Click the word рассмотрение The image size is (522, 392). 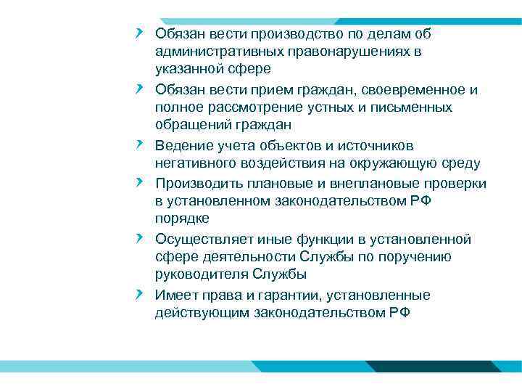(x=237, y=107)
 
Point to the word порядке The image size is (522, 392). (x=182, y=219)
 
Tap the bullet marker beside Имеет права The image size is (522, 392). (x=138, y=294)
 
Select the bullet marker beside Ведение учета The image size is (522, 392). (x=138, y=144)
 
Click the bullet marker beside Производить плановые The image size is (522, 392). (x=138, y=182)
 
